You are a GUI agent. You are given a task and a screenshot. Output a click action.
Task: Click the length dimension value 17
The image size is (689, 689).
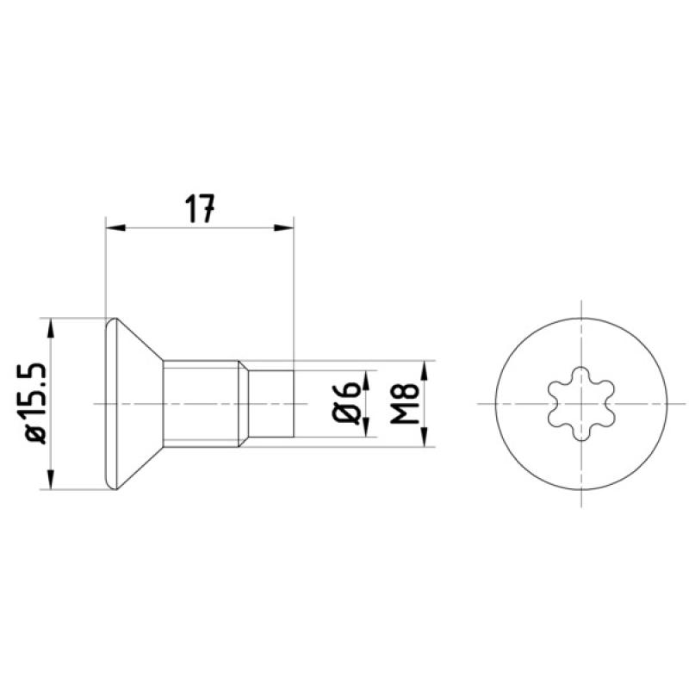point(200,208)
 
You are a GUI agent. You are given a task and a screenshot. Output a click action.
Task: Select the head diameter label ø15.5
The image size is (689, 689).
point(36,403)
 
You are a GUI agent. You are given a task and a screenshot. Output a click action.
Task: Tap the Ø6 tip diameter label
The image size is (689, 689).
point(346,402)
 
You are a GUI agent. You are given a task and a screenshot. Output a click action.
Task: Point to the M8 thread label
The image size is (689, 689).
point(404,403)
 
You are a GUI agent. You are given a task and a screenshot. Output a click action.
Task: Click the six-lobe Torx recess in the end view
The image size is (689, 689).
point(580,403)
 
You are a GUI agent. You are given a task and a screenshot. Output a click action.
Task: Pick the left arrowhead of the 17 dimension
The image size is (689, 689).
point(116,227)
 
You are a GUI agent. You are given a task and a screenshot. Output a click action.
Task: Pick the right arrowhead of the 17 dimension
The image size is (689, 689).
point(284,227)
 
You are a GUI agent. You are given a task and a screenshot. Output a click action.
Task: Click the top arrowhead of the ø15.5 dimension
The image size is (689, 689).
point(51,328)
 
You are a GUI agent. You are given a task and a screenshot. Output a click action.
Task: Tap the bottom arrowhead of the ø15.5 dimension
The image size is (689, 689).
point(51,479)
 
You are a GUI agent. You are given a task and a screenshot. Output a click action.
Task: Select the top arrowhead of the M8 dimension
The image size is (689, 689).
point(425,370)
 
